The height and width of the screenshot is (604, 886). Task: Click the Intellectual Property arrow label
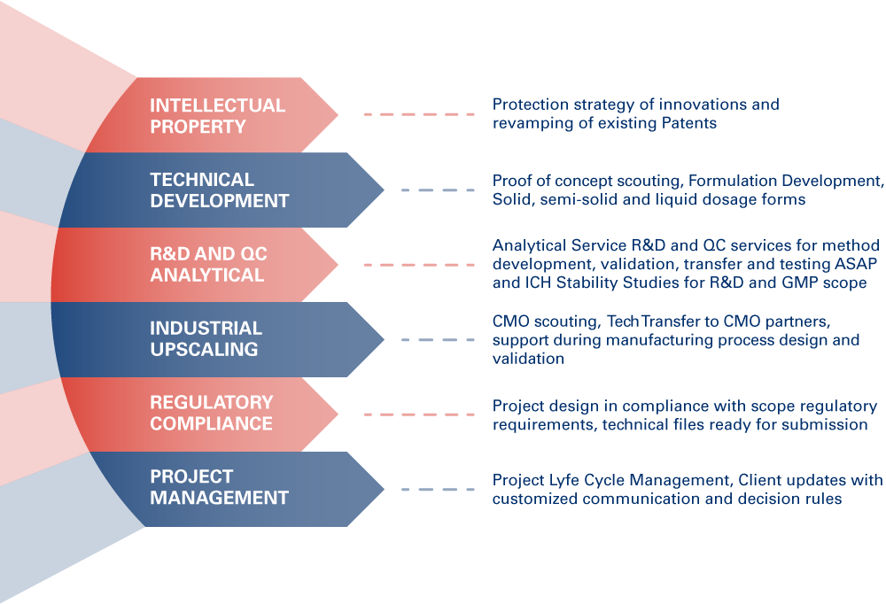coord(217,115)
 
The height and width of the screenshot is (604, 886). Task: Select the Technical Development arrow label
coord(219,190)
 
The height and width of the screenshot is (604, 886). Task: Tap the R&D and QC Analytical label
coord(208,264)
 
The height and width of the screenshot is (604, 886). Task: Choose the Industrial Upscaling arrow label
coord(206,338)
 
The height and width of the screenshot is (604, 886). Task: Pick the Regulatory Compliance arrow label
coord(211,413)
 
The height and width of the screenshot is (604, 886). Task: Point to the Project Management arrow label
coord(219,487)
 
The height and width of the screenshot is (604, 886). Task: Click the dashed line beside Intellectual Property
coord(419,115)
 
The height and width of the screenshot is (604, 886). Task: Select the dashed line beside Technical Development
coord(438,190)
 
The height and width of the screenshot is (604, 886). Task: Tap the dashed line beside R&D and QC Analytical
coord(419,264)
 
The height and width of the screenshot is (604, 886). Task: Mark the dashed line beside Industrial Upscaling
coord(438,338)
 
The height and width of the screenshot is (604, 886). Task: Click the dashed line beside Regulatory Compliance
coord(419,414)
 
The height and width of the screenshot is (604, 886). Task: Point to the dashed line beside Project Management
coord(438,488)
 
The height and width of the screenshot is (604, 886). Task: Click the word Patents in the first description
coord(689,123)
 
